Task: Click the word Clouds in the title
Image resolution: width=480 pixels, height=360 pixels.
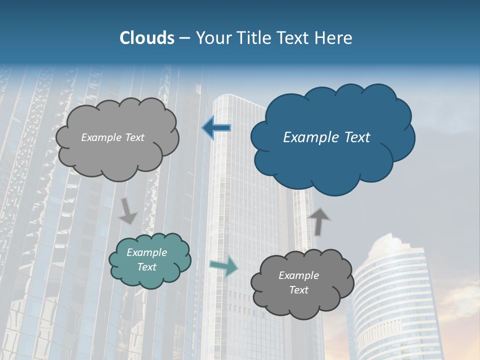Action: tap(147, 38)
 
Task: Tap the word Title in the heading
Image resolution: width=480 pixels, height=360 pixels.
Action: tap(254, 38)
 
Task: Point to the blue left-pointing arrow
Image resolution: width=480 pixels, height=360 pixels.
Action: tap(216, 128)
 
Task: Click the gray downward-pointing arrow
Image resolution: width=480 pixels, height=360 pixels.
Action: tap(128, 210)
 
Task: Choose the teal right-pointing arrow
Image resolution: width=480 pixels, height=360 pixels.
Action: tap(224, 265)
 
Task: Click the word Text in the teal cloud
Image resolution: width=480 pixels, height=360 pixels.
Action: tap(146, 267)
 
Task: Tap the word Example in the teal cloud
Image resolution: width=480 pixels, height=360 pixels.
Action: tap(146, 252)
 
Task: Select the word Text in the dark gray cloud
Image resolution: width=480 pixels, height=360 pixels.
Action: tap(298, 290)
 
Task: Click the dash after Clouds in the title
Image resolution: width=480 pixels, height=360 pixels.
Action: tap(184, 38)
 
